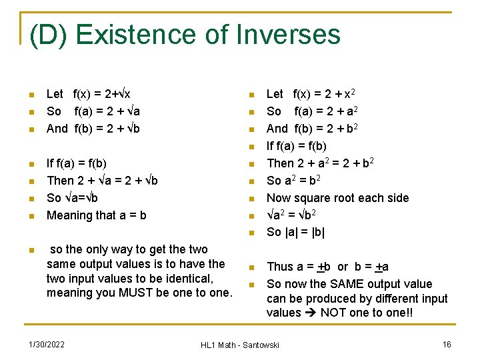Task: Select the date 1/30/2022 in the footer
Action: coord(47,344)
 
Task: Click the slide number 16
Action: coord(447,344)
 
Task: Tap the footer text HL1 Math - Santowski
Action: coord(240,345)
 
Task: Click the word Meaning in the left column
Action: coord(70,215)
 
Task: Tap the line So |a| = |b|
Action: coord(295,232)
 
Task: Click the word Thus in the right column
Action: coord(280,267)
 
